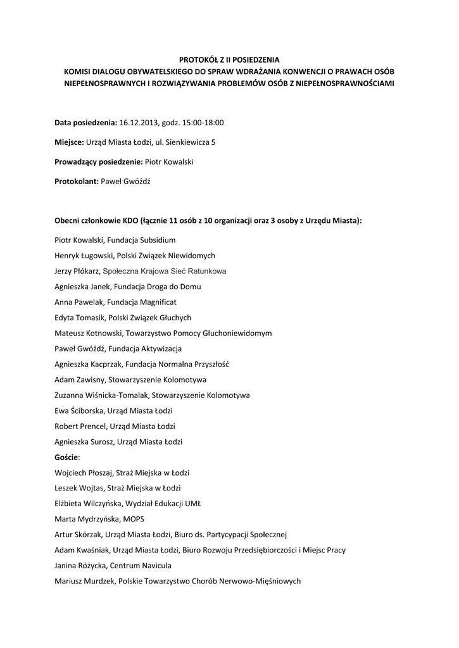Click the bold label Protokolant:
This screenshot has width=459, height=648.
[76, 182]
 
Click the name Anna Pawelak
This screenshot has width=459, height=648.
[76, 302]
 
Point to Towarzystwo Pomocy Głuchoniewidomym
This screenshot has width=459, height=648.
[199, 333]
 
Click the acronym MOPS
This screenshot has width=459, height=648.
[134, 519]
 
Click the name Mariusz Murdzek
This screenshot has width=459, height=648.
[83, 581]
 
